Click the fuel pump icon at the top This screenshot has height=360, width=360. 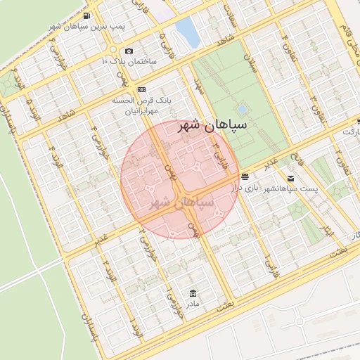click(86, 15)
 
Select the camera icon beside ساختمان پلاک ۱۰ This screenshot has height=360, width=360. click(128, 51)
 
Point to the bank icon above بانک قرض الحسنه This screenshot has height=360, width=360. click(142, 89)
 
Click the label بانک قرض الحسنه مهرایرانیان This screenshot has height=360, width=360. click(143, 105)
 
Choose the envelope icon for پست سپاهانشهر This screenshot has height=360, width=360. click(290, 179)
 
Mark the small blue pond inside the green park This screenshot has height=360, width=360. click(243, 110)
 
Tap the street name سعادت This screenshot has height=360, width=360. click(229, 14)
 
